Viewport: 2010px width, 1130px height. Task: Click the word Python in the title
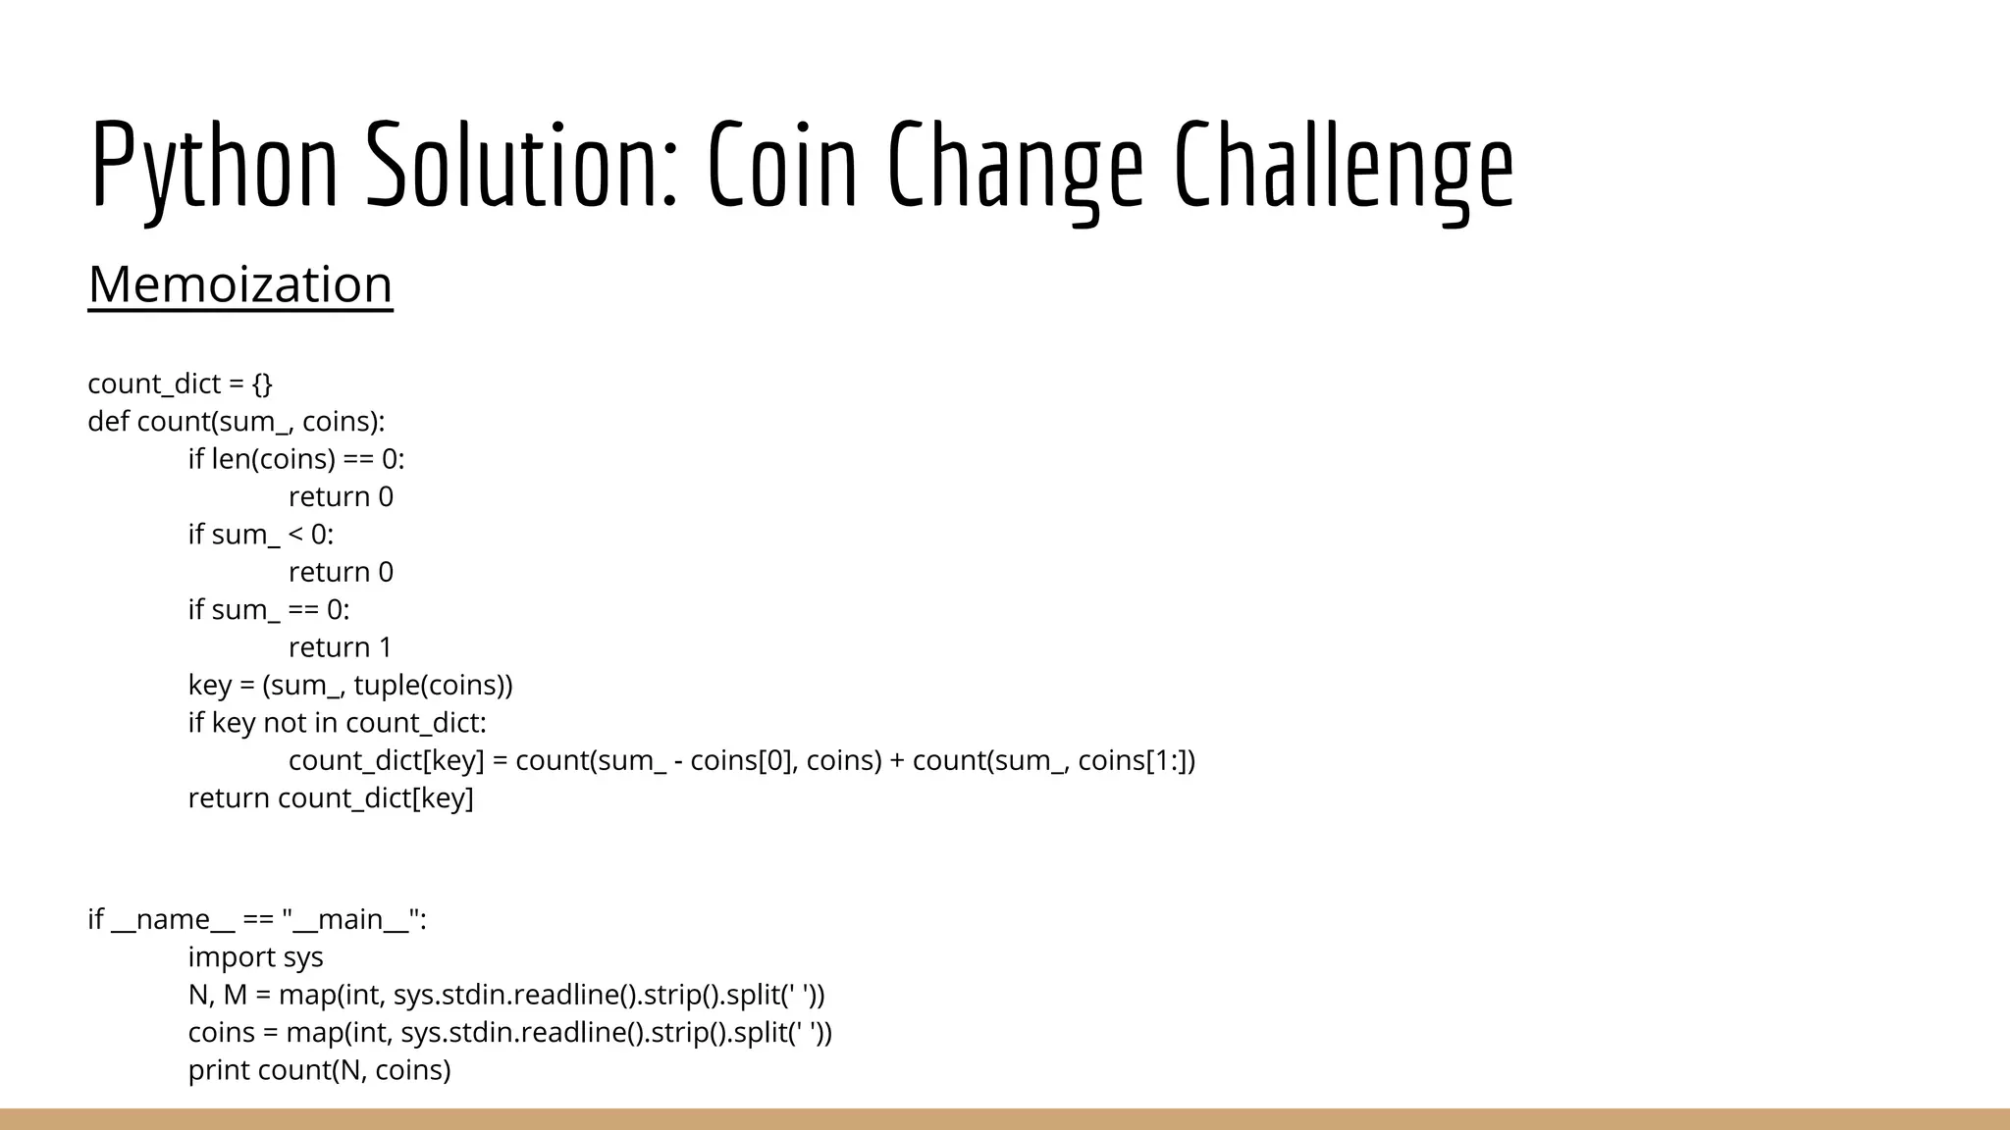[x=214, y=165]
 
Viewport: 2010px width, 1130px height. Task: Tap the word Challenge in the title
[x=1344, y=165]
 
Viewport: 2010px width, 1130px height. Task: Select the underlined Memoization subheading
[x=240, y=284]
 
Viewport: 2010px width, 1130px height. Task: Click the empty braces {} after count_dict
[x=262, y=384]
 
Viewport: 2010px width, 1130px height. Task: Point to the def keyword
[x=108, y=422]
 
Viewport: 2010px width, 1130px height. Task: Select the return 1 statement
[x=340, y=647]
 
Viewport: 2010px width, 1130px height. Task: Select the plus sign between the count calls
[x=897, y=760]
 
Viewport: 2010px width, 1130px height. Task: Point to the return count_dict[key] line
[x=331, y=798]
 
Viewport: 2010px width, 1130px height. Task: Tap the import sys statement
[x=255, y=957]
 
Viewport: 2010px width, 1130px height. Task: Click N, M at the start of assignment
[x=217, y=995]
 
